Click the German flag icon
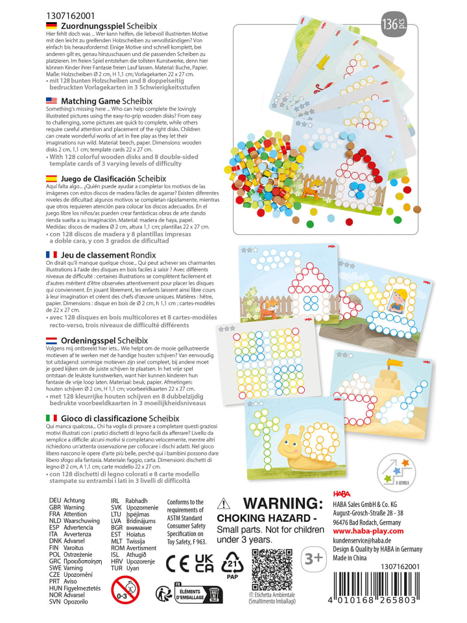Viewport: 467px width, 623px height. coord(51,25)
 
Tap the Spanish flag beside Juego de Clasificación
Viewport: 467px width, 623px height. coord(51,177)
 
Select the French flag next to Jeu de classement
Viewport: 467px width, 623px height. coord(51,255)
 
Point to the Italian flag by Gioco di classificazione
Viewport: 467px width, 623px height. coord(51,417)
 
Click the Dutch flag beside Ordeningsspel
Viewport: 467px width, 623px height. coord(51,341)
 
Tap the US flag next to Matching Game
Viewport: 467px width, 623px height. coord(51,101)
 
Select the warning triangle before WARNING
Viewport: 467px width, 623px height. coord(223,505)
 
